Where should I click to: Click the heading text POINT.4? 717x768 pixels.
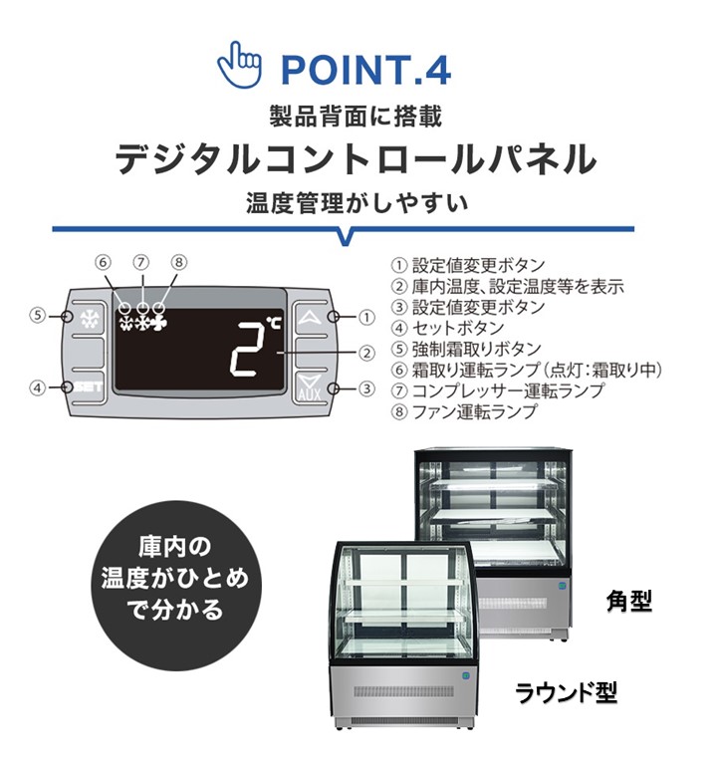point(365,71)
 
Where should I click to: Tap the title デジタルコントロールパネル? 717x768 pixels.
point(358,159)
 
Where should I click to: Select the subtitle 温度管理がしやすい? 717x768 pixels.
point(358,204)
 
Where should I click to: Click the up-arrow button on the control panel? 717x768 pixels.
point(312,318)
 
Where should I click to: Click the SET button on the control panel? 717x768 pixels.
point(88,386)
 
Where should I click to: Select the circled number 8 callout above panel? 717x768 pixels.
point(178,263)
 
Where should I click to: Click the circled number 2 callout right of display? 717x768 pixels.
point(366,352)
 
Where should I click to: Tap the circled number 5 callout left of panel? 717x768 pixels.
point(37,316)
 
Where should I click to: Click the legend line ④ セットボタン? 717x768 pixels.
point(447,328)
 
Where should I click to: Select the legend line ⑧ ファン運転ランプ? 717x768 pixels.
point(463,410)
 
